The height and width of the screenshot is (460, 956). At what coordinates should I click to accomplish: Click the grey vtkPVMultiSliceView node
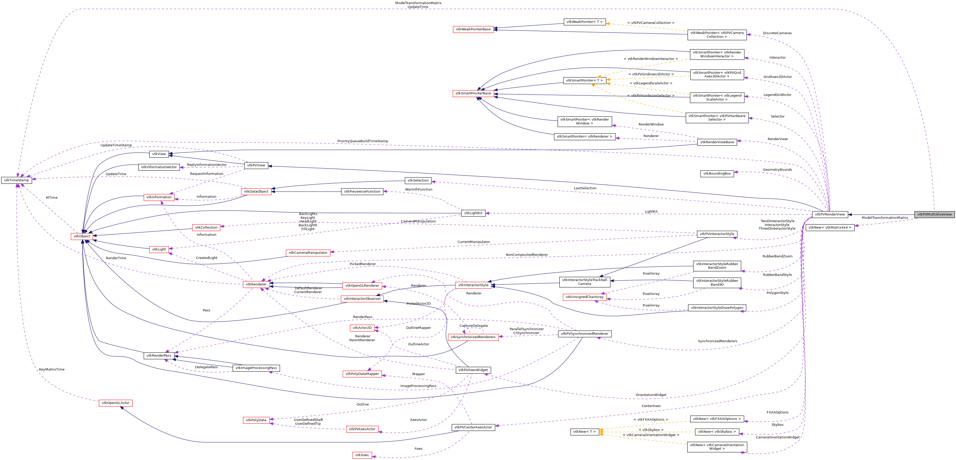click(934, 214)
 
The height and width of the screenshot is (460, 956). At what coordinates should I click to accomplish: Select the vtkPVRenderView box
click(829, 214)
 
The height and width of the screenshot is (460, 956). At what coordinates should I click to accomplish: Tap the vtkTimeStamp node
click(16, 180)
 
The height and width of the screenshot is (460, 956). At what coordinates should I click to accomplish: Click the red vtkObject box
click(82, 236)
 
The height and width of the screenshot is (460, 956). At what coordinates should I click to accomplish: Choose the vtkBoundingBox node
click(717, 174)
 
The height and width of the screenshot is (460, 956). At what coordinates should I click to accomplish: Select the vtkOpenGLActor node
click(115, 403)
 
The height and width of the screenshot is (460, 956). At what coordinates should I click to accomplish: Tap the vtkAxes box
click(362, 455)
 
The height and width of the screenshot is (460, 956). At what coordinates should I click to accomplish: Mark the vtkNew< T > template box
click(584, 432)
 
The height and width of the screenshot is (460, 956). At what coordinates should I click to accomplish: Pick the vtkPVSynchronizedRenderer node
click(584, 334)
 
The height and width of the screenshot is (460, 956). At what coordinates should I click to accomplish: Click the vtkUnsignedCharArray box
click(584, 297)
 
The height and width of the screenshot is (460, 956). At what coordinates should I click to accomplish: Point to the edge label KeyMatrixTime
click(52, 369)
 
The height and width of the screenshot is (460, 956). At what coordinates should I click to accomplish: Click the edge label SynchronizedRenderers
click(717, 341)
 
